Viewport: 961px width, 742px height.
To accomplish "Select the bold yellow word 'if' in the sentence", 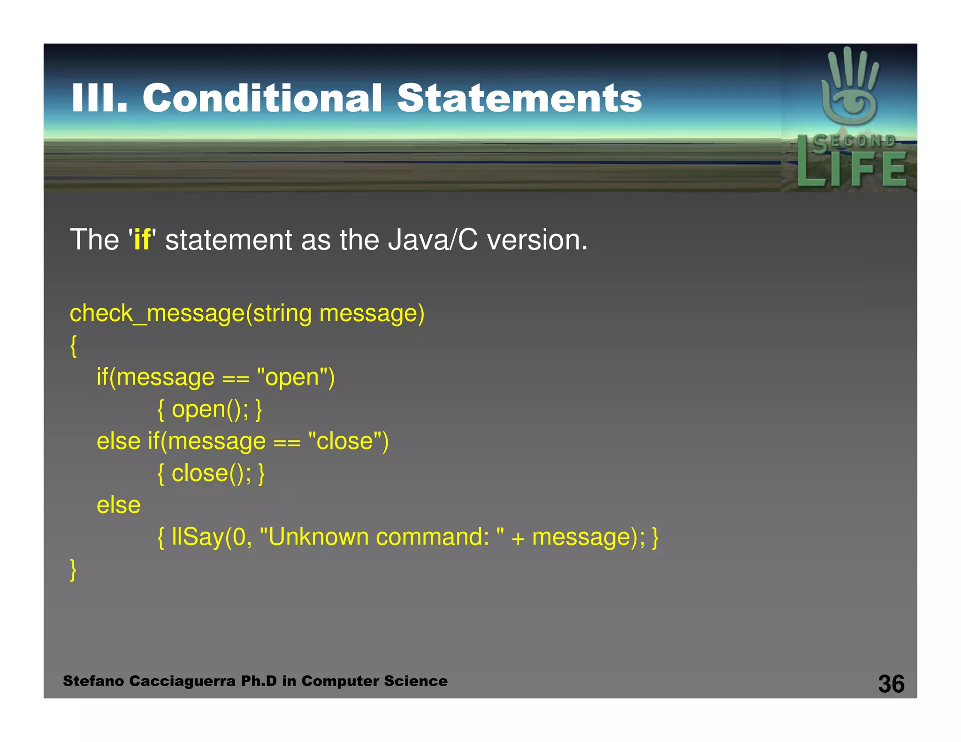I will point(142,240).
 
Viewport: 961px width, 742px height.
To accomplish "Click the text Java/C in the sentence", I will point(432,240).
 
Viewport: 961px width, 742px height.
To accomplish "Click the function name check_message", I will point(157,313).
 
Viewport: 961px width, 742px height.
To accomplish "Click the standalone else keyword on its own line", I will point(118,505).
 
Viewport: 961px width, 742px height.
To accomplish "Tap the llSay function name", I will point(198,537).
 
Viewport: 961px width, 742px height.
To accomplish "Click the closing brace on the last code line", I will point(73,570).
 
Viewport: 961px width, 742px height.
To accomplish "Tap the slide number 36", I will point(891,684).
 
